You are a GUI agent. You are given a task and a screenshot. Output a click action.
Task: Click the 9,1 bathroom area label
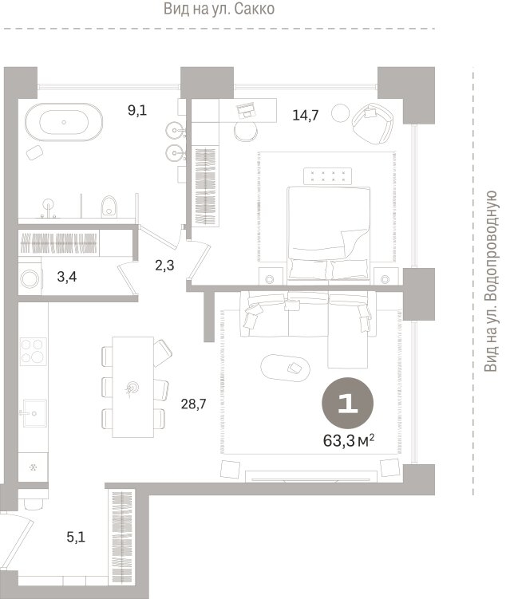[137, 111]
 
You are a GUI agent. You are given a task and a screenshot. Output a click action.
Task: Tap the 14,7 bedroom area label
[306, 115]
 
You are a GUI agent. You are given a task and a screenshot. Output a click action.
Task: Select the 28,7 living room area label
[193, 404]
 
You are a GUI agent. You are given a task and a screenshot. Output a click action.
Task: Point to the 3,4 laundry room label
[67, 277]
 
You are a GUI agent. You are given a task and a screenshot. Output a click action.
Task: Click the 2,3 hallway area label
[164, 265]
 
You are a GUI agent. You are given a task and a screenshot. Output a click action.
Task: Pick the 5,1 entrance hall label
[76, 538]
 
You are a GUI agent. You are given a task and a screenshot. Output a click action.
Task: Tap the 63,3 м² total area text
[349, 441]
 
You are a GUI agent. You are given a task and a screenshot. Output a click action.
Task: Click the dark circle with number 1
[347, 403]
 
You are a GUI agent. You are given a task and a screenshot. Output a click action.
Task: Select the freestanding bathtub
[64, 122]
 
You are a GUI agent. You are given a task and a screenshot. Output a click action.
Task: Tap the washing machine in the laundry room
[30, 278]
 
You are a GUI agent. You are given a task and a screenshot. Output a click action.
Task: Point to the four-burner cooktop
[34, 352]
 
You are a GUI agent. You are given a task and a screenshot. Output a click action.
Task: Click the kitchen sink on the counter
[34, 413]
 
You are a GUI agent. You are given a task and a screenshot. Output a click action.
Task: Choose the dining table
[133, 387]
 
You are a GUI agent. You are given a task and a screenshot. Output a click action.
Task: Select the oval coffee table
[285, 368]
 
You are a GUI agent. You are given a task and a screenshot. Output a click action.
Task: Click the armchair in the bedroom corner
[373, 123]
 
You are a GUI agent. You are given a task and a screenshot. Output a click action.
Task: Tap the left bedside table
[271, 276]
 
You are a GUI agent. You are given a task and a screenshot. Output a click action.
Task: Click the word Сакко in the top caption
[254, 9]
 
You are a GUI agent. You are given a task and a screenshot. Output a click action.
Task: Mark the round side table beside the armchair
[341, 113]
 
